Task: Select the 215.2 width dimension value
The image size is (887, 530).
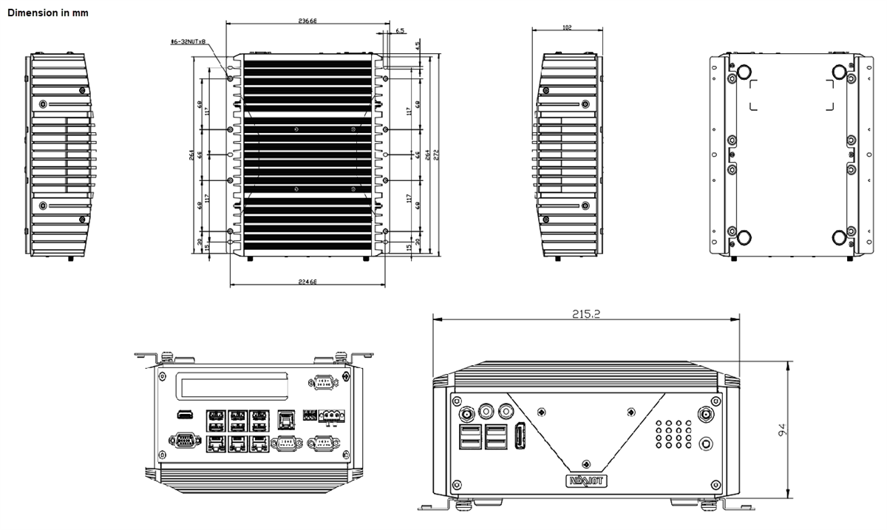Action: click(x=585, y=313)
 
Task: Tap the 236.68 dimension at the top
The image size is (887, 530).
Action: click(x=307, y=21)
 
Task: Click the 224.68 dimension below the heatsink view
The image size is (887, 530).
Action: click(x=307, y=282)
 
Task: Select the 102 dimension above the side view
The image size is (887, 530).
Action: click(x=567, y=28)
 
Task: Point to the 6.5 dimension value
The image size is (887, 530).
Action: click(x=400, y=31)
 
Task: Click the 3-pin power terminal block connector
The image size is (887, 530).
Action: click(x=332, y=417)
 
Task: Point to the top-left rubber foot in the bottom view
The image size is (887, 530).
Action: click(x=743, y=71)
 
